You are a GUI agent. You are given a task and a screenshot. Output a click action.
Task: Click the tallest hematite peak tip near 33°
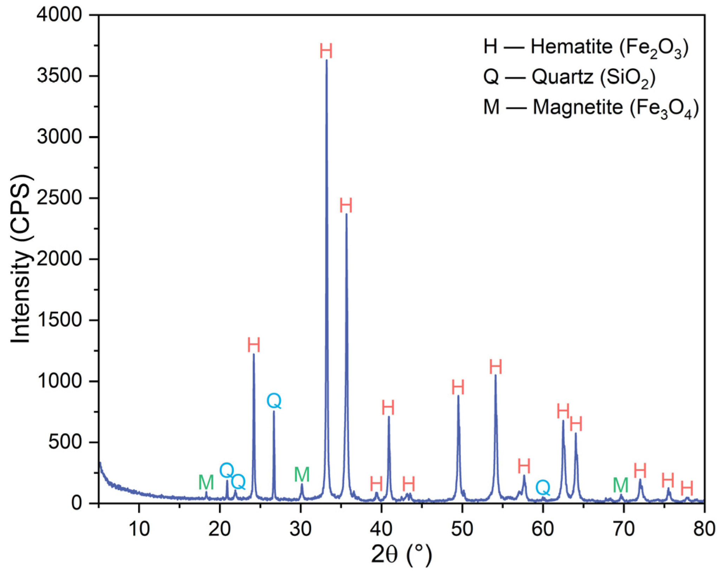point(326,60)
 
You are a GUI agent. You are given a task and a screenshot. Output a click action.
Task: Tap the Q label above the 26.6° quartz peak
point(274,401)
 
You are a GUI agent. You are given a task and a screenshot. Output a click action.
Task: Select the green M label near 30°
point(301,475)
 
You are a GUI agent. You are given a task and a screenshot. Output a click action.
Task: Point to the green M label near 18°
point(206,482)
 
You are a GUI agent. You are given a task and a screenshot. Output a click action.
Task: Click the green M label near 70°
point(621,485)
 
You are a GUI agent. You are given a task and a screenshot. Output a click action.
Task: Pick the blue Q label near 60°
point(543,488)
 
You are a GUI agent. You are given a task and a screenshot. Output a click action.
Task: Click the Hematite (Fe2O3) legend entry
point(586,47)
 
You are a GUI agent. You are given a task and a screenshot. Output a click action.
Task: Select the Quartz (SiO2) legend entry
point(569,77)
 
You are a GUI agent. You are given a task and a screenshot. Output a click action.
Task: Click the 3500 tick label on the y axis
point(59,76)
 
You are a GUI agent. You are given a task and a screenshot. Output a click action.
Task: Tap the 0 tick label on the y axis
point(76,503)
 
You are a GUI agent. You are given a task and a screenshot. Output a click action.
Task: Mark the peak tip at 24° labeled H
point(254,354)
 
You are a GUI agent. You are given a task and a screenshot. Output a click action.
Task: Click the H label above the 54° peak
point(495,367)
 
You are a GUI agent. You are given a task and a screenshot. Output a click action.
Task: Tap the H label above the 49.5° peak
point(458,387)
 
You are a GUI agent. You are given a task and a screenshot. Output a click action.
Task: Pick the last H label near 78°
point(687,488)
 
